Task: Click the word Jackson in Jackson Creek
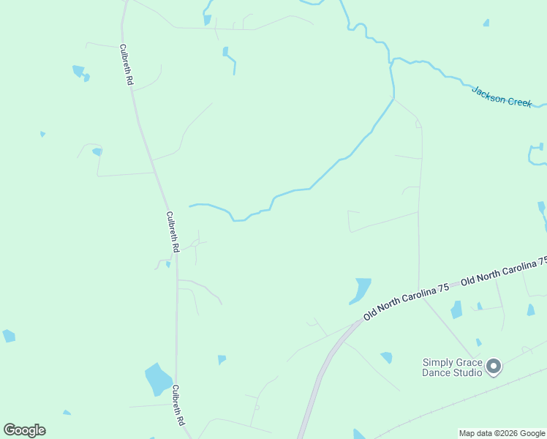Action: [x=487, y=94]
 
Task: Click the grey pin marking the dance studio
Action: [x=494, y=366]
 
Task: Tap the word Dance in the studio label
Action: [x=436, y=372]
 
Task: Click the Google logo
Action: [x=24, y=430]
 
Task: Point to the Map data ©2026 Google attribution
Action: [x=502, y=433]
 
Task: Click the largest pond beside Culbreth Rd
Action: [x=158, y=379]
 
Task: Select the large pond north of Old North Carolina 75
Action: [x=361, y=290]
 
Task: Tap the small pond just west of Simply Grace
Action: [x=478, y=342]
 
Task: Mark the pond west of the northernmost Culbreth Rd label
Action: [x=80, y=72]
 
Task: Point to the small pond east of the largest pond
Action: [x=221, y=359]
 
